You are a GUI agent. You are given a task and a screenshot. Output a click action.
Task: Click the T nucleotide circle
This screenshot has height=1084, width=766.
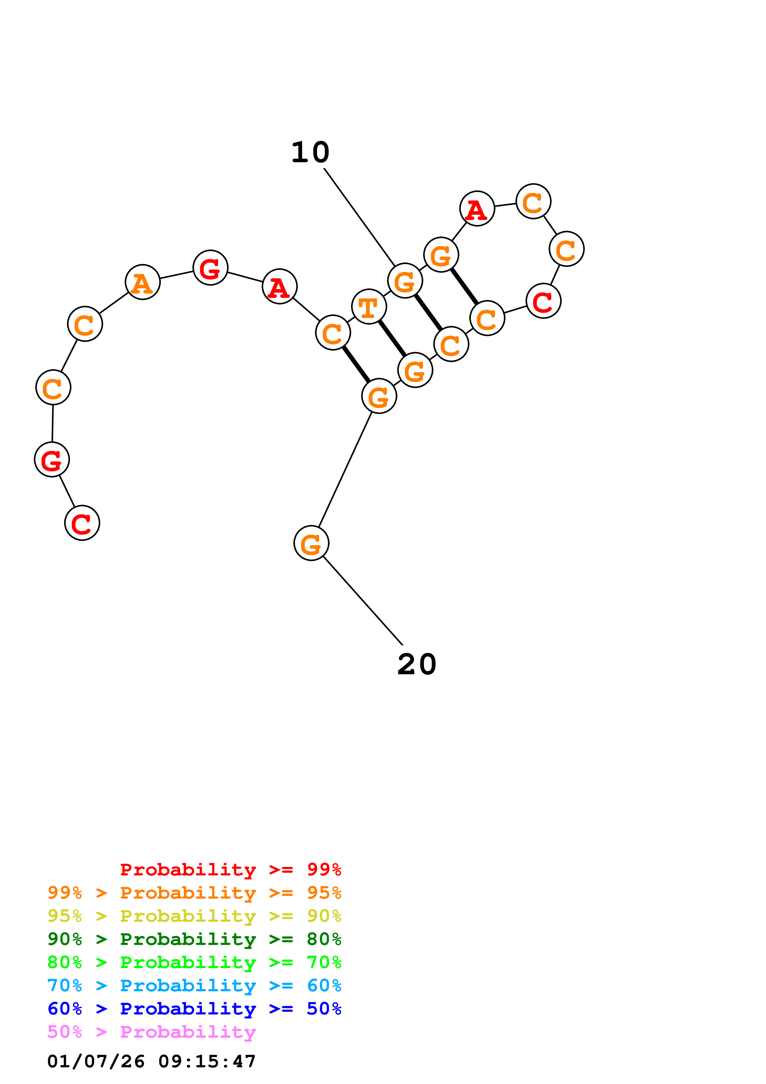[369, 307]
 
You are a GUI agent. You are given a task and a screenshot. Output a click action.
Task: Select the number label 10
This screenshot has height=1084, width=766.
[310, 153]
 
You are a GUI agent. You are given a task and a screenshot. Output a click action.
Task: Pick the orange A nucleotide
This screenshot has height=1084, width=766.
[142, 282]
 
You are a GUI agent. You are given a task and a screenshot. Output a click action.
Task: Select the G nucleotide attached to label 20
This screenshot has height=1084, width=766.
[311, 543]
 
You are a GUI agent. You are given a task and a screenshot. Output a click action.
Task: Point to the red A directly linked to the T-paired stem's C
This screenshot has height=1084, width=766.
[279, 286]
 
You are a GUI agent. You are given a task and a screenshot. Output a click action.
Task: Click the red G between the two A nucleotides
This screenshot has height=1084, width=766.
[210, 268]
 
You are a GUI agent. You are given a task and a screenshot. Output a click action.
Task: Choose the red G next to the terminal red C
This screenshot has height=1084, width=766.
[52, 459]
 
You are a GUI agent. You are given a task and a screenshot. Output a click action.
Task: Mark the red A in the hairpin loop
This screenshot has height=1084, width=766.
[477, 209]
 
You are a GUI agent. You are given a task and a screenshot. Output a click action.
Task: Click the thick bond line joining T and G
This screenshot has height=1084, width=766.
[392, 338]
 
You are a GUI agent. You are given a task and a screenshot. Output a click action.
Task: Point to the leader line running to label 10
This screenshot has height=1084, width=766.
[359, 217]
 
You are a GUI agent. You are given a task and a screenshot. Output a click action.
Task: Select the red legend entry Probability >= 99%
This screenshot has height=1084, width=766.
[230, 870]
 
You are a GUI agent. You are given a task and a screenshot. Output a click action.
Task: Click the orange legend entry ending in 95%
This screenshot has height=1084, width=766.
[194, 893]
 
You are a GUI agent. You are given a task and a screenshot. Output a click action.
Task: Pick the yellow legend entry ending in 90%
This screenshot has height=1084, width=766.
[194, 916]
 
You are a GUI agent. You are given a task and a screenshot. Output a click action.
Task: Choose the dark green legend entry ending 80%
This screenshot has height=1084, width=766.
[194, 939]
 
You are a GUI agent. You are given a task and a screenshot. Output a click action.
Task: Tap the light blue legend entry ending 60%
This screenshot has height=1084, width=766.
[194, 985]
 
